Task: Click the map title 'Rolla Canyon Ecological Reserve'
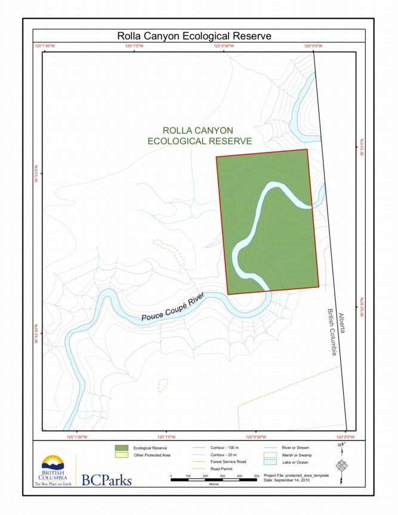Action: pyautogui.click(x=195, y=36)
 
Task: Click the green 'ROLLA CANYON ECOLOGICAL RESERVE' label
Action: pyautogui.click(x=199, y=136)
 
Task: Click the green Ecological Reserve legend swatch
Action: pyautogui.click(x=121, y=447)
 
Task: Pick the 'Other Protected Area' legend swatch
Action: pyautogui.click(x=121, y=455)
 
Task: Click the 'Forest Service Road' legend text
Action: pyautogui.click(x=230, y=462)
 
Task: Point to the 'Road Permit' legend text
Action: pyautogui.click(x=222, y=469)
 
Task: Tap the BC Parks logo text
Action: pyautogui.click(x=106, y=480)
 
